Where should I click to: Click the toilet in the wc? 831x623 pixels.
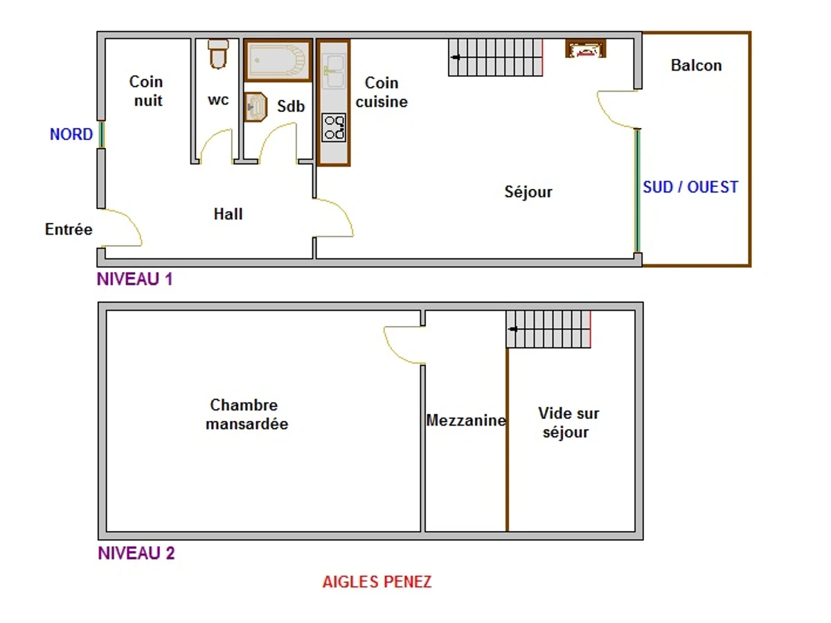(x=218, y=55)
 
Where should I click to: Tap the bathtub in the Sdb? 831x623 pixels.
(x=278, y=60)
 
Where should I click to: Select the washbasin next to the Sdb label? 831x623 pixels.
(x=256, y=107)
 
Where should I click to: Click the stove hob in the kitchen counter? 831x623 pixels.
(x=334, y=127)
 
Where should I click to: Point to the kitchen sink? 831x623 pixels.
(x=333, y=71)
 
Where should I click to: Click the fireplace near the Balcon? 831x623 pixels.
(x=585, y=49)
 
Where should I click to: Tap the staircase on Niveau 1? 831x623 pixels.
(x=495, y=57)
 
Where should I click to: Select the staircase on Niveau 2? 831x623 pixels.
(x=548, y=329)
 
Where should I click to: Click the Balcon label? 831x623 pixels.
(x=696, y=66)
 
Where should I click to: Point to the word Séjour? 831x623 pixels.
(x=528, y=192)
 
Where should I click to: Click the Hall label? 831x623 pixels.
(x=228, y=214)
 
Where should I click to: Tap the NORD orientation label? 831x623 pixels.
(x=71, y=134)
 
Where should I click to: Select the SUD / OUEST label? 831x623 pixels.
(x=690, y=187)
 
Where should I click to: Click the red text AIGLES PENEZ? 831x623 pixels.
(x=377, y=581)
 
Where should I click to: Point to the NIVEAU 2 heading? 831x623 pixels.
(x=136, y=553)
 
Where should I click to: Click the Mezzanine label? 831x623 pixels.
(x=466, y=420)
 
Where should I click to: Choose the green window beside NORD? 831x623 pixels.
(x=102, y=134)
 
